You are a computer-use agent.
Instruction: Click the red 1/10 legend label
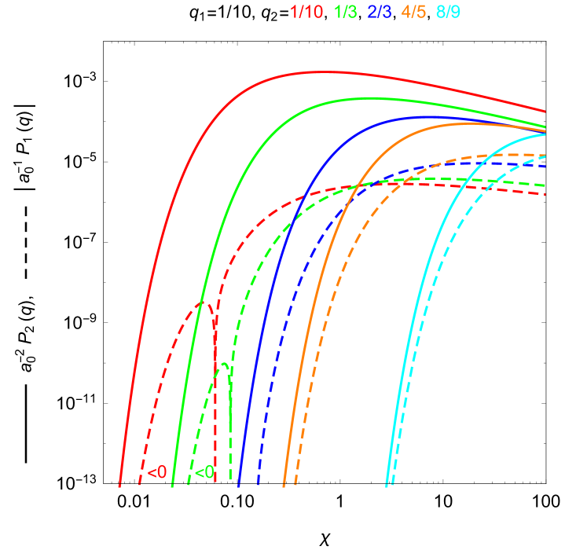[x=306, y=12]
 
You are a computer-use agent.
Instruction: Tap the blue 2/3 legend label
[x=381, y=12]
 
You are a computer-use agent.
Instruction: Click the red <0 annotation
[x=157, y=473]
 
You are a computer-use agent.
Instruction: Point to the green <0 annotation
[x=204, y=473]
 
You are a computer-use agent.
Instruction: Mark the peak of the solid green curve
[x=369, y=98]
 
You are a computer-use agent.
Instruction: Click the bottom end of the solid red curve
[x=119, y=486]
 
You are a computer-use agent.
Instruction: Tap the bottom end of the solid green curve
[x=172, y=486]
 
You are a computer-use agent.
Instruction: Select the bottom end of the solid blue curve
[x=238, y=486]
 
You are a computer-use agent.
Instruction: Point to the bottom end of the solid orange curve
[x=284, y=486]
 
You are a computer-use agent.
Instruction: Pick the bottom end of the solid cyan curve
[x=386, y=486]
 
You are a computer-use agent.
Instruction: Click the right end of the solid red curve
[x=545, y=112]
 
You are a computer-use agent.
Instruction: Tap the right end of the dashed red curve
[x=545, y=194]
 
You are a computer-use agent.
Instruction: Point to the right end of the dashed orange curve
[x=545, y=156]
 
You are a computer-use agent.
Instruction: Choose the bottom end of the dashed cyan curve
[x=392, y=486]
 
